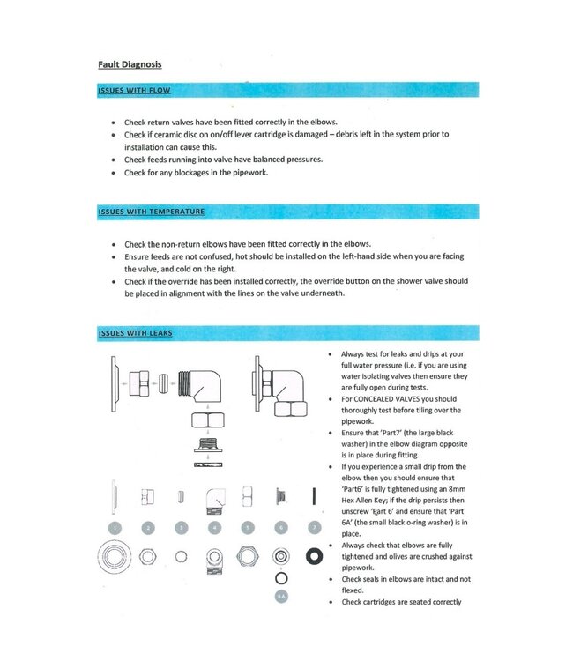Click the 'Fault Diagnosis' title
coord(130,64)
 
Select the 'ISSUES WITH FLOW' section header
coord(134,90)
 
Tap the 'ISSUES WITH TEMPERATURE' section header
coord(152,212)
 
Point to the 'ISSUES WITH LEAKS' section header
coord(136,333)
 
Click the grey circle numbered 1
coord(115,528)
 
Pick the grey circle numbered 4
coord(214,528)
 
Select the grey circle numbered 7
coord(313,528)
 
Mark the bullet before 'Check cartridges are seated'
coord(330,602)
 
